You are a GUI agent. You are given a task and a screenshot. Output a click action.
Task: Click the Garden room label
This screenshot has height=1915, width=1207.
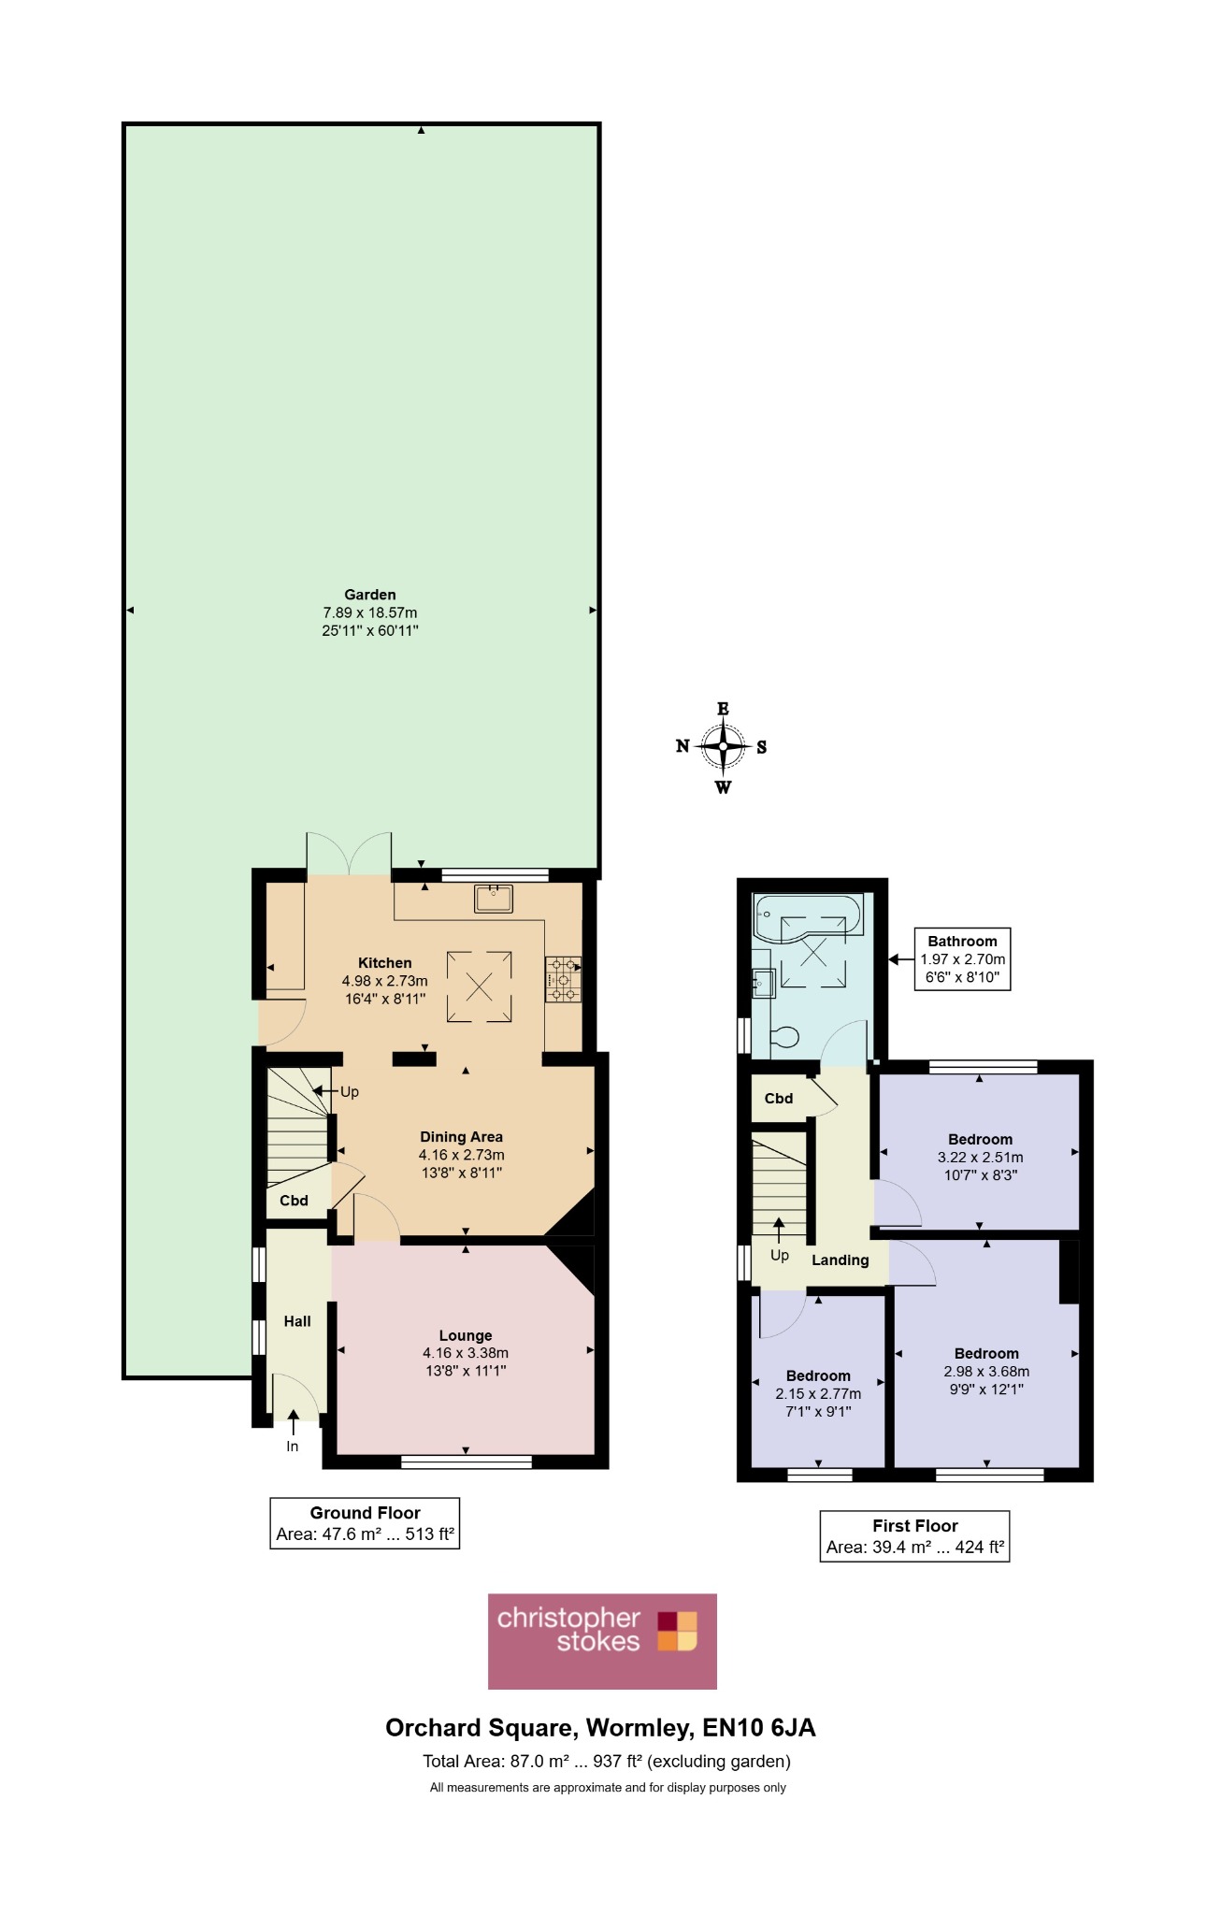370,595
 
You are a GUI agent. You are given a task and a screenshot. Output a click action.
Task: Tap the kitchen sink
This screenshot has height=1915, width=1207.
494,898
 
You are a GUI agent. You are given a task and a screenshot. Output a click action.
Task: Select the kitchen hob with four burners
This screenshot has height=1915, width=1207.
563,979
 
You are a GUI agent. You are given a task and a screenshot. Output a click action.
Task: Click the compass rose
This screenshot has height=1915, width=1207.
723,747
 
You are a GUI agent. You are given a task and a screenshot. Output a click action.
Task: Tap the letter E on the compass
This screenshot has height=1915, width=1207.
723,709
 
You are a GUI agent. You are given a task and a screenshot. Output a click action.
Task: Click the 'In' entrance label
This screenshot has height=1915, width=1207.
293,1447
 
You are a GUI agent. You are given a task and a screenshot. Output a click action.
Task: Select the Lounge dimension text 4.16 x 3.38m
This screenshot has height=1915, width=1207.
466,1353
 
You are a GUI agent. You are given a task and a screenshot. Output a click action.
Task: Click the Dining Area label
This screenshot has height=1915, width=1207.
461,1137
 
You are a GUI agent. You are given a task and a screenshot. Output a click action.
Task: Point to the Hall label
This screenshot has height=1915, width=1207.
297,1321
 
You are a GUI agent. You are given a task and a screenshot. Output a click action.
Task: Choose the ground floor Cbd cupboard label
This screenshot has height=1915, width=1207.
295,1201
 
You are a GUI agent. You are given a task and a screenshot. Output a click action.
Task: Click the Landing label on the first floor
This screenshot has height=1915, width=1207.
841,1260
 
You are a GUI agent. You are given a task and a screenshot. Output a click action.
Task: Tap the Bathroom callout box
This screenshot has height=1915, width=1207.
963,959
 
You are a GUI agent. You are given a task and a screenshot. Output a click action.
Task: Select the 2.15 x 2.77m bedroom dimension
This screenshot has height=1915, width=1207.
818,1394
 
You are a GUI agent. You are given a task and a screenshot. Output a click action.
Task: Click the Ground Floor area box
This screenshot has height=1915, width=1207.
365,1523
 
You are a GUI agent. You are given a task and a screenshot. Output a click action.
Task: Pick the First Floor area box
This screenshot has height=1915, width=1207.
915,1536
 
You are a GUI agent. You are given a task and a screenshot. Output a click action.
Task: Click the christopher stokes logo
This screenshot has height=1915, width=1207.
602,1641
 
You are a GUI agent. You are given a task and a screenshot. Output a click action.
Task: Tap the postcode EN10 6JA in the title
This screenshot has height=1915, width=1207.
759,1728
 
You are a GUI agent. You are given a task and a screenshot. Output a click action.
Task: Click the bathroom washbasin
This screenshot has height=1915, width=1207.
764,983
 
